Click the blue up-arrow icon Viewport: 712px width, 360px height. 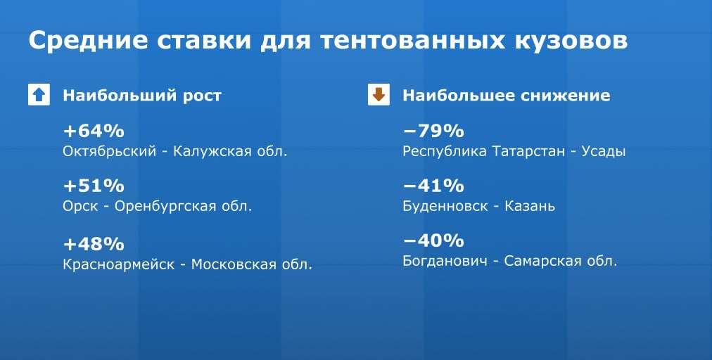click(39, 95)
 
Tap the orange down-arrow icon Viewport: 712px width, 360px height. click(379, 95)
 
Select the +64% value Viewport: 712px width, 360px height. click(94, 131)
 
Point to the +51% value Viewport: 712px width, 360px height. click(94, 186)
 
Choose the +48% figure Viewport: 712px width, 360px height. click(94, 244)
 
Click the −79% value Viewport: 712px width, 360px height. click(433, 131)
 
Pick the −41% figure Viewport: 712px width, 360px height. click(433, 186)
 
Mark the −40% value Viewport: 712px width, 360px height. click(433, 240)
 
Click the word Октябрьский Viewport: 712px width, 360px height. click(110, 151)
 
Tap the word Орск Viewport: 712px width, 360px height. click(80, 207)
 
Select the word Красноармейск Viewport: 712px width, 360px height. click(118, 264)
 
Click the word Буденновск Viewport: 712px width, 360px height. click(445, 207)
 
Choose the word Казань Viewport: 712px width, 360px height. click(530, 207)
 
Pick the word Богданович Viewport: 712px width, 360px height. click(445, 261)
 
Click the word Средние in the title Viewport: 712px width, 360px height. click(89, 40)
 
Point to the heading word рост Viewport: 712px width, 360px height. click(202, 96)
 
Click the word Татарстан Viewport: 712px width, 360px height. click(528, 151)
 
